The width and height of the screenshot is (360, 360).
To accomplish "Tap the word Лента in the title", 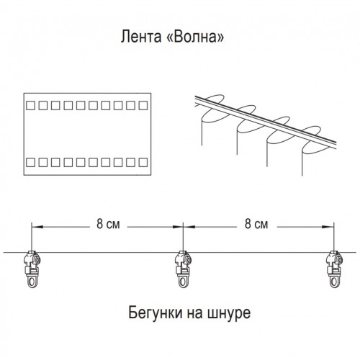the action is [141, 37].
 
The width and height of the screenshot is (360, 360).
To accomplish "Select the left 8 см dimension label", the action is [108, 224].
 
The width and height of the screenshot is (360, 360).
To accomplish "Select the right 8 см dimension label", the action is [256, 224].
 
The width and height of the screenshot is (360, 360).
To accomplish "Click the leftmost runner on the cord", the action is [32, 269].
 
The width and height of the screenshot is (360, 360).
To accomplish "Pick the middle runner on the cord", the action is [184, 269].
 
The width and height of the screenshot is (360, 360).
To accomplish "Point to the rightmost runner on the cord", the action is [334, 269].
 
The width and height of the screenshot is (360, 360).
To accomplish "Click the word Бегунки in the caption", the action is [155, 312].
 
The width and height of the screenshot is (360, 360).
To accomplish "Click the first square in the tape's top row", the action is [30, 106].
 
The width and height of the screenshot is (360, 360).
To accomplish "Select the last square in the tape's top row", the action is [143, 106].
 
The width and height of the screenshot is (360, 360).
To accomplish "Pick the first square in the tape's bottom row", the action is [30, 163].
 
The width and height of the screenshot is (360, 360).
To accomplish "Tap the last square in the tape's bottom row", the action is [143, 163].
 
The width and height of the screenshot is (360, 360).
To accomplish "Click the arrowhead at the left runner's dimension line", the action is [37, 227].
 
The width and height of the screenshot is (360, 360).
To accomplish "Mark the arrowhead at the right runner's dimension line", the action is [328, 227].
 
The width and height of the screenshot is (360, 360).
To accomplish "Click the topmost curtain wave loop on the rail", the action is [214, 99].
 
